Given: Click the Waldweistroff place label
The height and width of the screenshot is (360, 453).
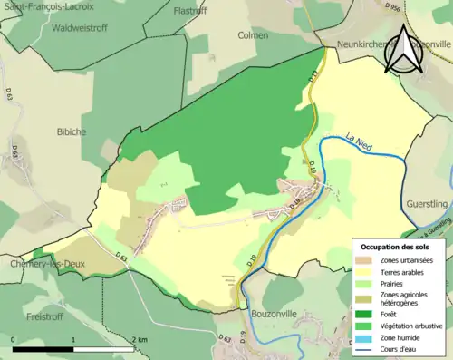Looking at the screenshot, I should [55, 26].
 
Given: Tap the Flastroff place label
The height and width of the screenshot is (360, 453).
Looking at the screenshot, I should [190, 11].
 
